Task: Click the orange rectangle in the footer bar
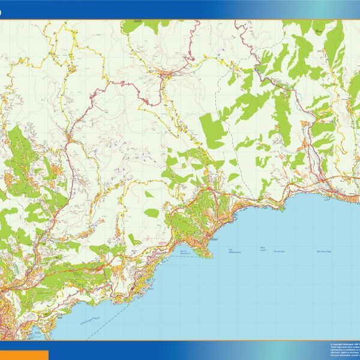(24, 355)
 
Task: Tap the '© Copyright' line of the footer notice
(344, 344)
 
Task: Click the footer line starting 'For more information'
(344, 356)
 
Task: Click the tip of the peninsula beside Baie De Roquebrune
(211, 255)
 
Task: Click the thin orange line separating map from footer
(180, 341)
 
